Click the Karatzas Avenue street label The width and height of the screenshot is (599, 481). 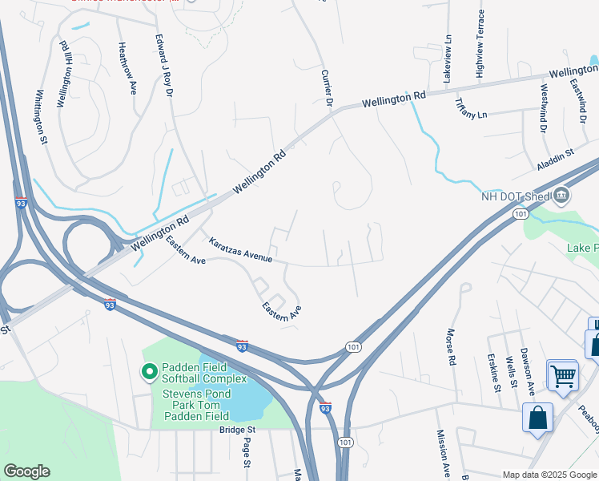point(240,249)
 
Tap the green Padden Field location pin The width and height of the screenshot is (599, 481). point(148,372)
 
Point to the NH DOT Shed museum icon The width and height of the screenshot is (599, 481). point(561,195)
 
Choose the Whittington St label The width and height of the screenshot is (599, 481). point(40,116)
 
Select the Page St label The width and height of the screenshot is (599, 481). point(247,452)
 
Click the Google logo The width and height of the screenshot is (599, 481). point(26,471)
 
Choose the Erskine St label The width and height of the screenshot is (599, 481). point(494,374)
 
